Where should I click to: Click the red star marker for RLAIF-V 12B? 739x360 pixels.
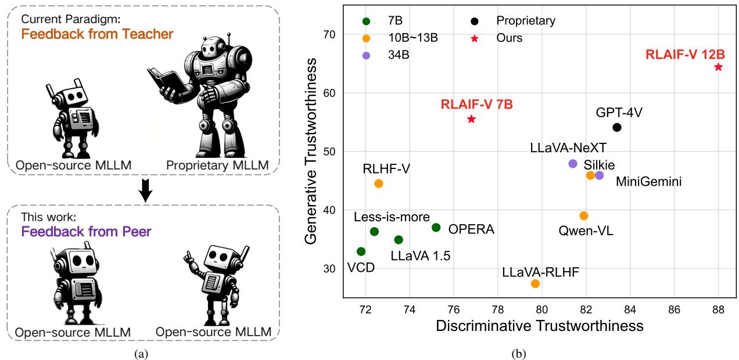718,67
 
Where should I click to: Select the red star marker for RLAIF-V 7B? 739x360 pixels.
471,119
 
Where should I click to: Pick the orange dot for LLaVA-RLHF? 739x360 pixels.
535,283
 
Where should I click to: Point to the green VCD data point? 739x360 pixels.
361,251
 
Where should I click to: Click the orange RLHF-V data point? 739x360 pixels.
379,183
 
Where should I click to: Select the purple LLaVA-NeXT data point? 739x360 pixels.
573,164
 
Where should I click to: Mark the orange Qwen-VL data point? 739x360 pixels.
584,216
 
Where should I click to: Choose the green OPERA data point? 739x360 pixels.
436,228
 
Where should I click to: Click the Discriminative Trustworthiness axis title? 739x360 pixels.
540,325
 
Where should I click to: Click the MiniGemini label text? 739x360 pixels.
648,182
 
